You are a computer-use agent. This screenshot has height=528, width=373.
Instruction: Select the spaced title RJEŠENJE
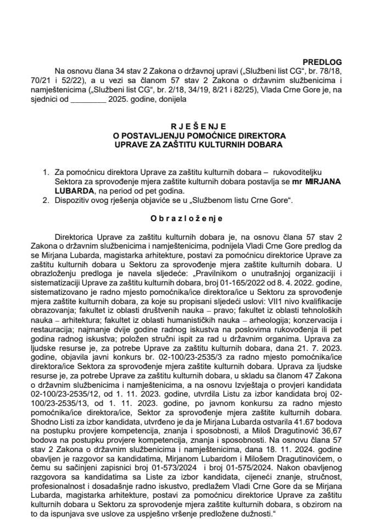tap(186, 126)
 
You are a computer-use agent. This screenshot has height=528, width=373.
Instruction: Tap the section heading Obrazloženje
tap(186, 217)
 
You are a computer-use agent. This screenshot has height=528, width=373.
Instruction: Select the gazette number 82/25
tap(246, 92)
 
